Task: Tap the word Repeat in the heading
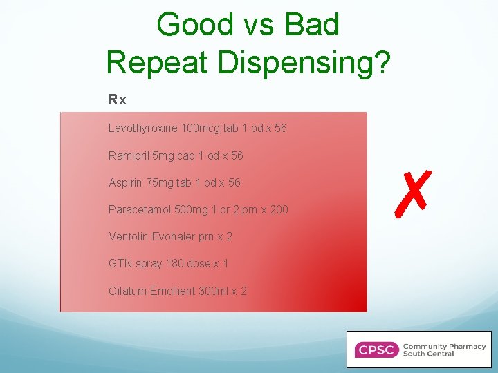[160, 62]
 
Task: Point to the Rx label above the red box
[118, 100]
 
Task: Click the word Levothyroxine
[143, 128]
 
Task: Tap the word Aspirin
[125, 182]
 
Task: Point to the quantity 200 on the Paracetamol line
[279, 209]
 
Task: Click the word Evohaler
[174, 236]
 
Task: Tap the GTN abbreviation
[120, 263]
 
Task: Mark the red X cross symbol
[412, 191]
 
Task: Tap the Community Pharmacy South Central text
[443, 350]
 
